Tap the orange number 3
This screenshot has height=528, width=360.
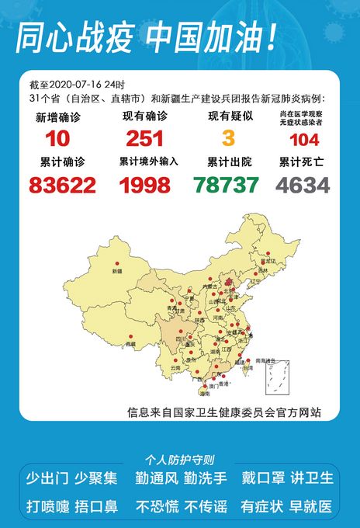pyautogui.click(x=228, y=139)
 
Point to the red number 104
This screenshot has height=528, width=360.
pyautogui.click(x=304, y=141)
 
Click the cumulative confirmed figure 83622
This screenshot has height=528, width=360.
pyautogui.click(x=62, y=185)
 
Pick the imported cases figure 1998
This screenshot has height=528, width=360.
pyautogui.click(x=144, y=185)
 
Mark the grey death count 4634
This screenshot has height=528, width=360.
pyautogui.click(x=303, y=185)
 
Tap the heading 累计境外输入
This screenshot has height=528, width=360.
pyautogui.click(x=148, y=162)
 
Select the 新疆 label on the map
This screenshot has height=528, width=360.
pyautogui.click(x=117, y=272)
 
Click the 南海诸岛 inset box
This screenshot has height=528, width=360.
pyautogui.click(x=275, y=378)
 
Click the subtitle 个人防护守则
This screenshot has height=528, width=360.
pyautogui.click(x=180, y=459)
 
